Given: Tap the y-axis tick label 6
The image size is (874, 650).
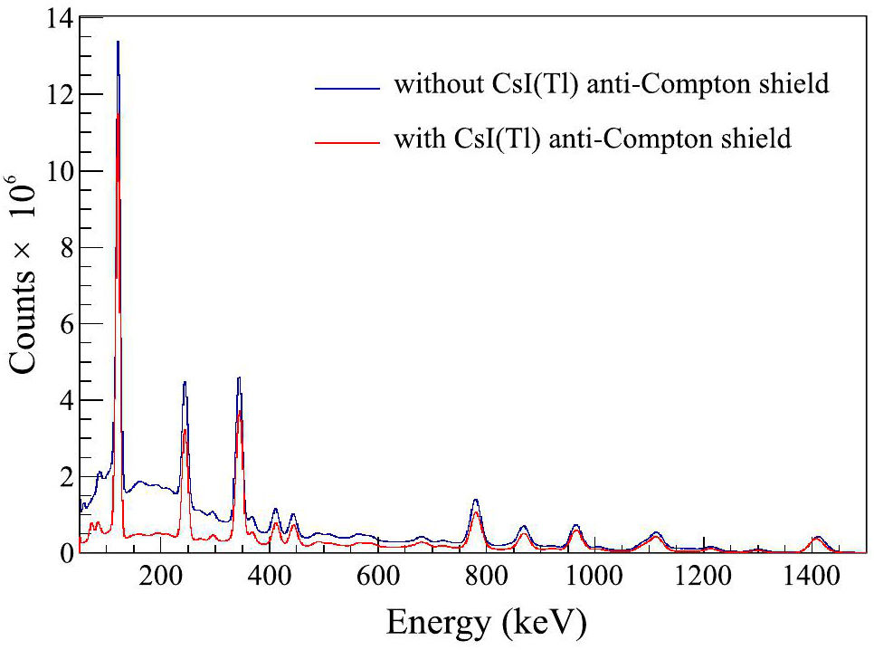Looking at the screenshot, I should click(x=63, y=324).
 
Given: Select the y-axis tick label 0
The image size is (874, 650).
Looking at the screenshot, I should click(x=63, y=552).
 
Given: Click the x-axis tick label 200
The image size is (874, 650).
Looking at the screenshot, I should click(x=160, y=578).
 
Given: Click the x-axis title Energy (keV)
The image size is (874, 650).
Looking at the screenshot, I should click(x=486, y=623).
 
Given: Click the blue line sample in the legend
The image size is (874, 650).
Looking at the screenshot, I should click(x=346, y=88).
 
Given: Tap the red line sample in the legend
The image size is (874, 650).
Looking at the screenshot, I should click(x=346, y=140).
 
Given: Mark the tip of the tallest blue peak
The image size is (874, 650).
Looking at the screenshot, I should click(x=118, y=41).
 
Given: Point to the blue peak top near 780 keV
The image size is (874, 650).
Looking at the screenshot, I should click(x=475, y=500).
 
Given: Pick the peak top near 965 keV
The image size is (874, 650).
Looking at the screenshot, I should click(x=575, y=525).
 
